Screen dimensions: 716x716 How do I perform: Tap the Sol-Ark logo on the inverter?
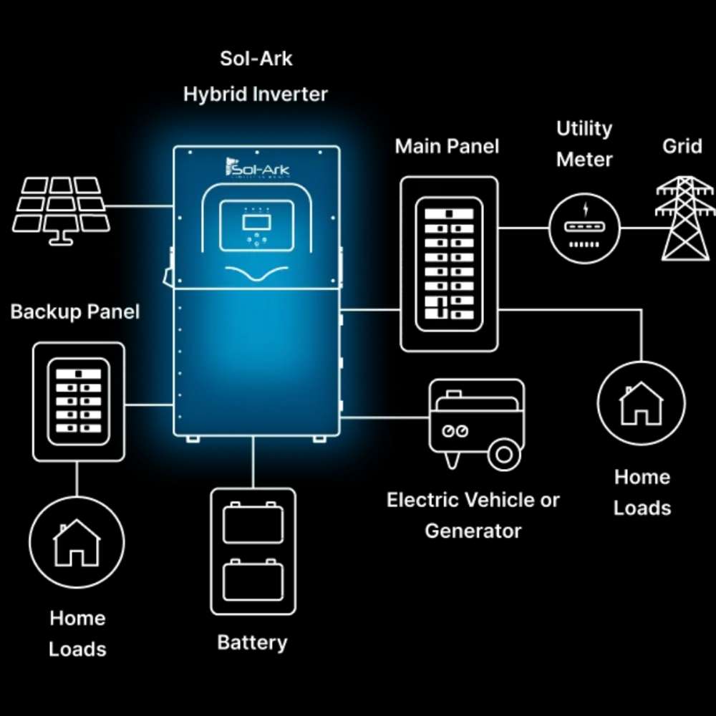[255, 169]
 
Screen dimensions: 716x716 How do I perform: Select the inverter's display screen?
[256, 216]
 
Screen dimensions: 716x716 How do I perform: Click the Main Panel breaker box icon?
[449, 263]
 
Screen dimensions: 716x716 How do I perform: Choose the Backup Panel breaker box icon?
[79, 401]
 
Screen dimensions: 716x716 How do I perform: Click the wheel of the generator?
[504, 455]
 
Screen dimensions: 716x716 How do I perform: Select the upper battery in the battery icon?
[252, 522]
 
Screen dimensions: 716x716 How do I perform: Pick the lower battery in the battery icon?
[252, 581]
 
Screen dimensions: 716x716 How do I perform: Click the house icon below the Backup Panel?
[77, 542]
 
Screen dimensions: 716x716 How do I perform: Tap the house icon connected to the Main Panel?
[640, 403]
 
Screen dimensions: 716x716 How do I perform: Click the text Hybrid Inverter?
[256, 95]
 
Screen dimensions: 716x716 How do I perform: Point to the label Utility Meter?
[585, 144]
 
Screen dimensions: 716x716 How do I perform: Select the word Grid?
[682, 146]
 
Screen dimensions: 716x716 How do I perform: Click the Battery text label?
[252, 642]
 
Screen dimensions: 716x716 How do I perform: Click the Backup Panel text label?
[75, 312]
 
